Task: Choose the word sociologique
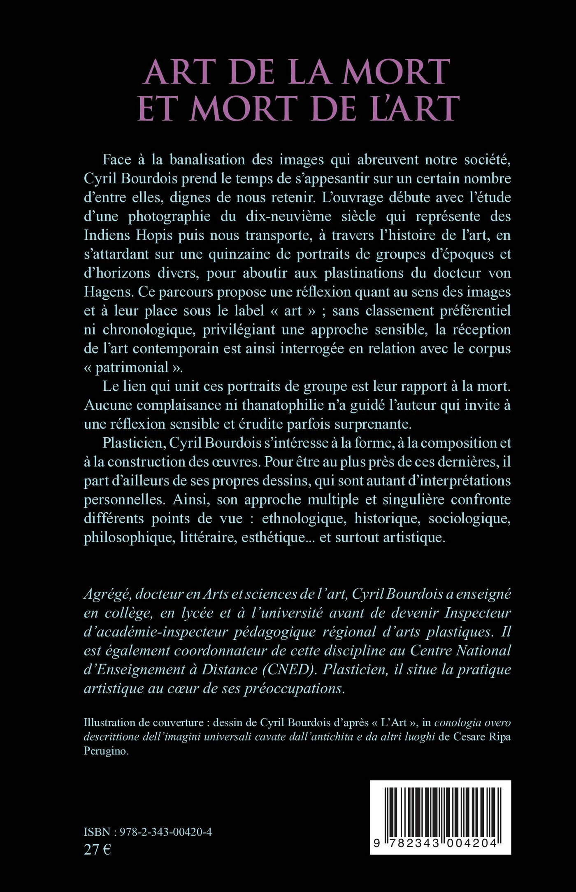[469, 518]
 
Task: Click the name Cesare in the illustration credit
[469, 737]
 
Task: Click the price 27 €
[97, 849]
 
